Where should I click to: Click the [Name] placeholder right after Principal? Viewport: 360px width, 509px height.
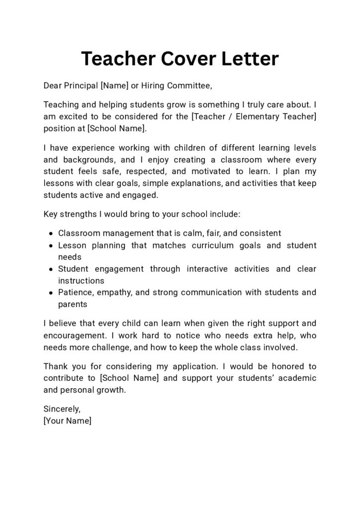114,86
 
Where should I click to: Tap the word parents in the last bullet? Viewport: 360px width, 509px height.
73,304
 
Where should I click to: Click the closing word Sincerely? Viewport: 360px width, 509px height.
62,409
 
